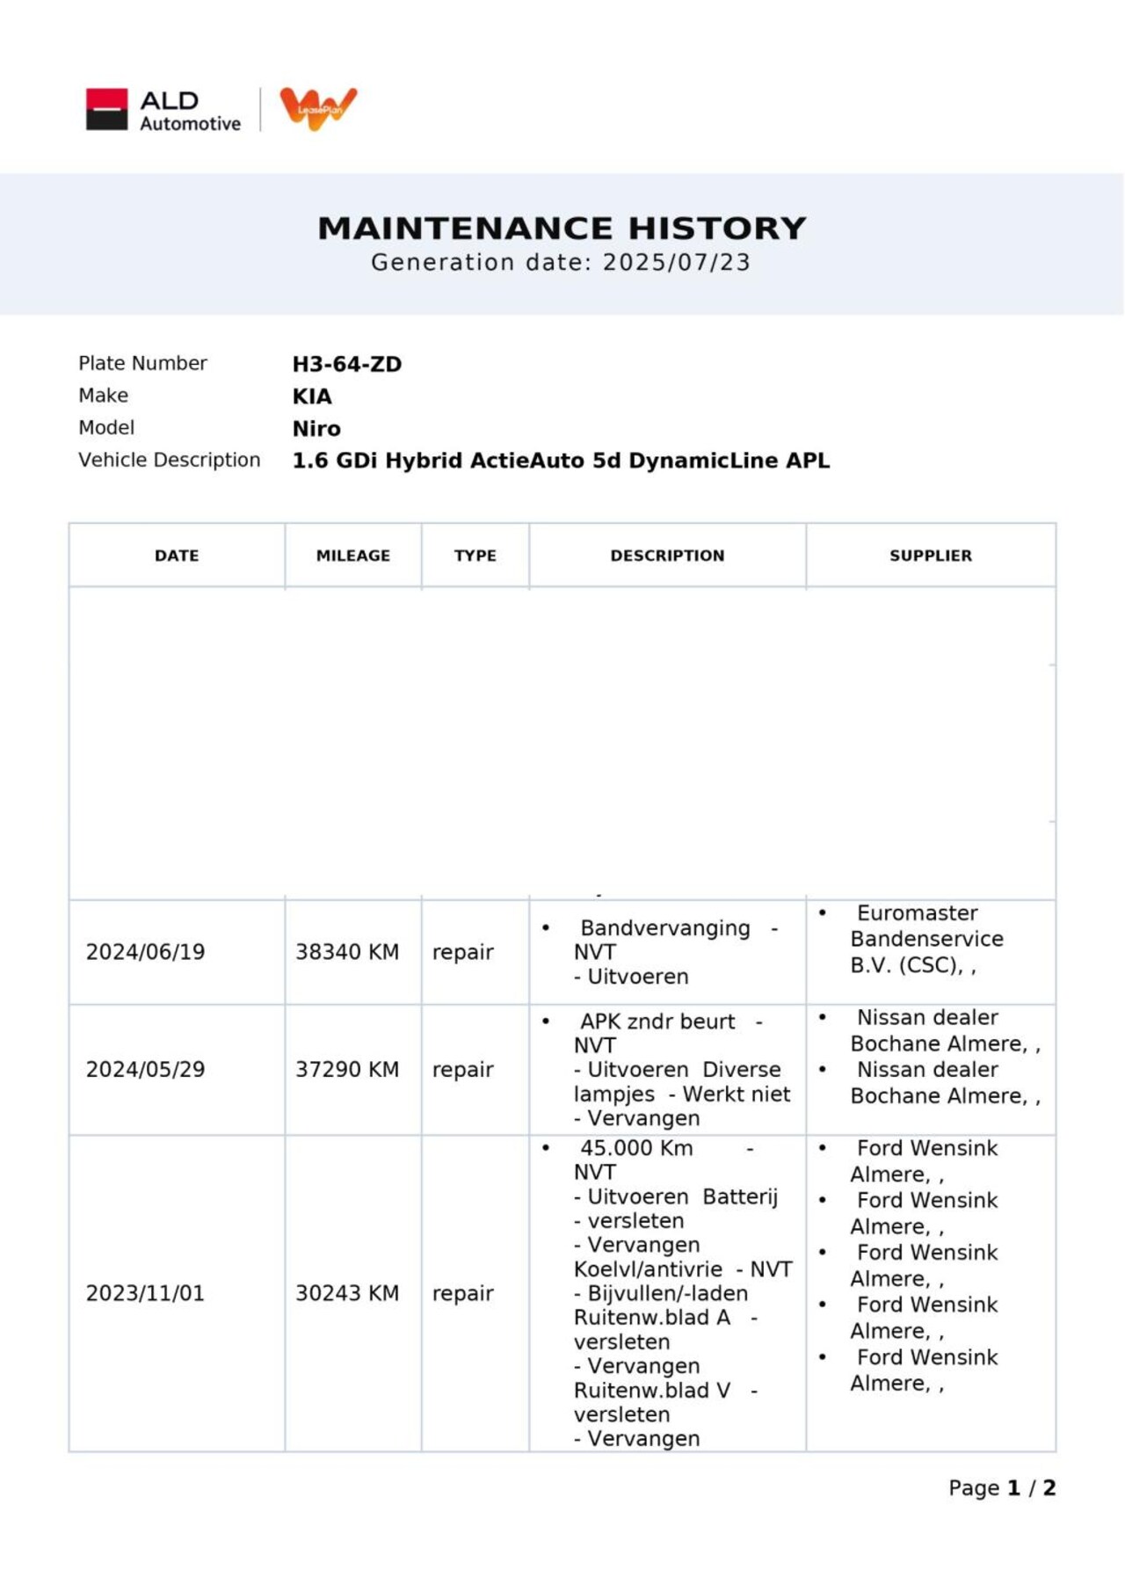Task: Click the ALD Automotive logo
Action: click(163, 111)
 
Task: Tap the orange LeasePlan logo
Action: click(318, 108)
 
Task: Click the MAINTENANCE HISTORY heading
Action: click(562, 229)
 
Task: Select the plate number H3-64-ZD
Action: click(346, 364)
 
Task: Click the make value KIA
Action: click(312, 396)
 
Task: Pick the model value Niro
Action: click(316, 429)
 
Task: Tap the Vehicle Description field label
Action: click(169, 460)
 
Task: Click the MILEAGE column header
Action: click(352, 556)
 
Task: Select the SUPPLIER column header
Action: click(930, 556)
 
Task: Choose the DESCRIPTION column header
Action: click(667, 556)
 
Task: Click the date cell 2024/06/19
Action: click(145, 952)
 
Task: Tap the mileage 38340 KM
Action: click(346, 952)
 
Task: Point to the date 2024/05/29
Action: click(145, 1070)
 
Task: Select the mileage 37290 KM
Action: click(346, 1070)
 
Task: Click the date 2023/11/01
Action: click(145, 1293)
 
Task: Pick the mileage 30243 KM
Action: click(346, 1293)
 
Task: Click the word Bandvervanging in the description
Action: click(664, 928)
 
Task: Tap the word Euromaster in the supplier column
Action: click(917, 913)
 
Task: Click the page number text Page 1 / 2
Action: click(1001, 1488)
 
